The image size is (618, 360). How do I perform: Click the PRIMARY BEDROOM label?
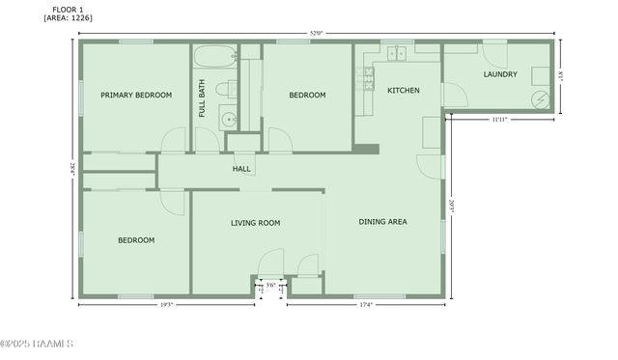coord(136,95)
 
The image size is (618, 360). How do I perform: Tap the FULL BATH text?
coord(203,97)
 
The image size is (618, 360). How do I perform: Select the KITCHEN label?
coord(403,90)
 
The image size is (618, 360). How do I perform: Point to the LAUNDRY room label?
coord(500,74)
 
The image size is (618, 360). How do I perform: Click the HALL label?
coord(241,169)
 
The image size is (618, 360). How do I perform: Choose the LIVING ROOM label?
coord(255,223)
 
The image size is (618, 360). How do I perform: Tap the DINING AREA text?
coord(382,222)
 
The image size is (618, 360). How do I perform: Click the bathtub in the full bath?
coord(213,55)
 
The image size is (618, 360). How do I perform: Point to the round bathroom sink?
coord(228,121)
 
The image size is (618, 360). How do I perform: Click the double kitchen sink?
coord(397,54)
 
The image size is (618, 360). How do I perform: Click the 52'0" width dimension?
coord(316,35)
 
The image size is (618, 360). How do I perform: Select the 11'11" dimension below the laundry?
coord(499,120)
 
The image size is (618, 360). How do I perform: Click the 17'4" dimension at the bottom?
coord(366,306)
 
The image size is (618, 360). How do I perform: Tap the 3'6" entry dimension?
coord(271,285)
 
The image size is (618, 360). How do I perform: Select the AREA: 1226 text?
coord(68,18)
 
